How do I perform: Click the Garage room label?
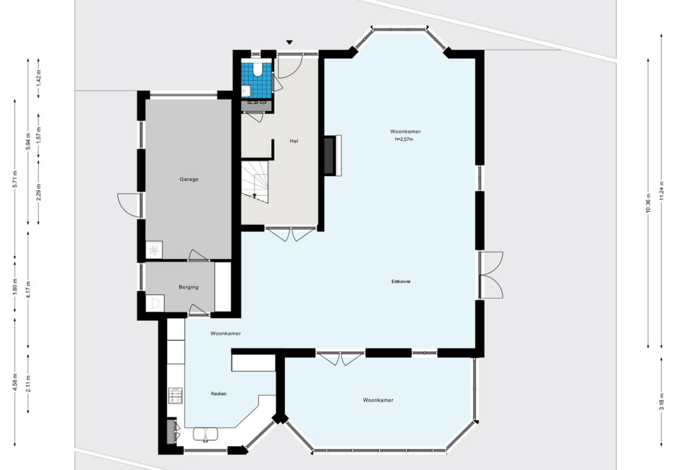coord(189,179)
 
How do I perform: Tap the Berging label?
coord(189,287)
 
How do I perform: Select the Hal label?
coord(294,141)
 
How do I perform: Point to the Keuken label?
coord(219,393)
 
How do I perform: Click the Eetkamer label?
coord(401,281)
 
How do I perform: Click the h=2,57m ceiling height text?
coord(404,139)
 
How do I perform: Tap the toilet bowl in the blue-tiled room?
coord(258,70)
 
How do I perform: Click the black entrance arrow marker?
coord(289,42)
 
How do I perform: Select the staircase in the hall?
coord(255,182)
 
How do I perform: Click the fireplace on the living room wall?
coord(332,155)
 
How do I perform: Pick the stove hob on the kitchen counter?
coord(175,395)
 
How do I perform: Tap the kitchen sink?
coord(206,434)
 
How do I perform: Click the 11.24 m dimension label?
coord(661,191)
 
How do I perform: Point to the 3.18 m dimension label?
coord(661,401)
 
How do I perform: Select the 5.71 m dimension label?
coord(15,179)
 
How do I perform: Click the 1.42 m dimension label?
coord(39,79)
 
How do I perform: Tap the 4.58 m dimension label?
coord(15,382)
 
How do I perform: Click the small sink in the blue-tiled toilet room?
coord(246,91)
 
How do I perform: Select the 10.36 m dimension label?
coord(648,203)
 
